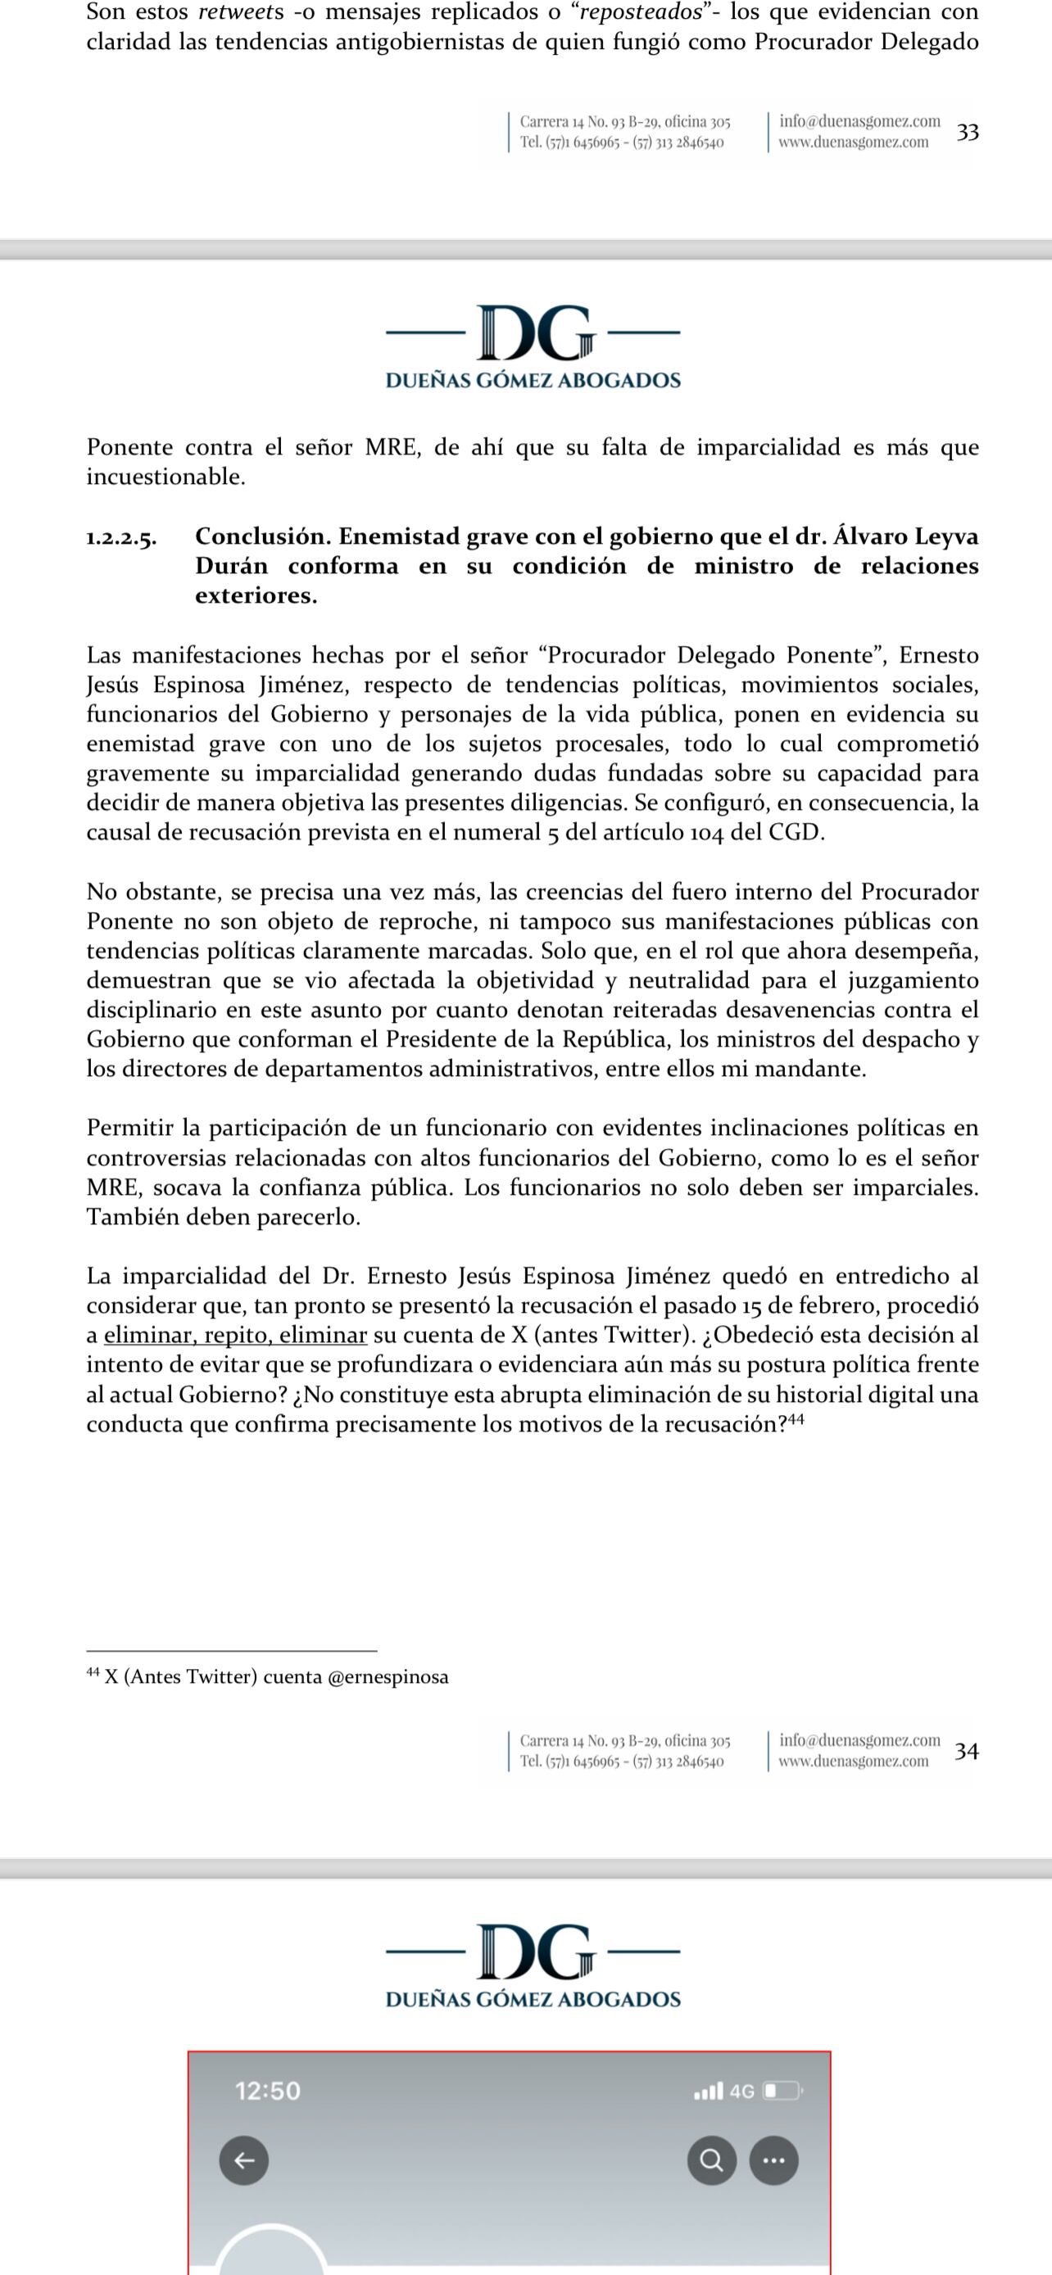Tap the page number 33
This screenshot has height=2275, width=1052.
pyautogui.click(x=968, y=132)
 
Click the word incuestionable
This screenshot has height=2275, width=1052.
pyautogui.click(x=166, y=477)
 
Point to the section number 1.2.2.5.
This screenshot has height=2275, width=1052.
pyautogui.click(x=121, y=538)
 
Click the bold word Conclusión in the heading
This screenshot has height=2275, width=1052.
pyautogui.click(x=261, y=536)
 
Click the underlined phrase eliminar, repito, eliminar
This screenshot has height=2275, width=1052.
pyautogui.click(x=235, y=1336)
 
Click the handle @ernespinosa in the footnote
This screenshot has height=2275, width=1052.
pyautogui.click(x=388, y=1676)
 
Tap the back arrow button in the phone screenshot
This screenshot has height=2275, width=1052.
pyautogui.click(x=244, y=2160)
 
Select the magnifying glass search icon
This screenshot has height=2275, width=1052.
pyautogui.click(x=711, y=2160)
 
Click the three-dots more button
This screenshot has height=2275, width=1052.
pyautogui.click(x=773, y=2160)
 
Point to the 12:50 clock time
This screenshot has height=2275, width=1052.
pyautogui.click(x=268, y=2091)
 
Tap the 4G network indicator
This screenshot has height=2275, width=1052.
pyautogui.click(x=742, y=2092)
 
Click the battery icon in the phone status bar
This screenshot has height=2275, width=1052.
pyautogui.click(x=782, y=2092)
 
